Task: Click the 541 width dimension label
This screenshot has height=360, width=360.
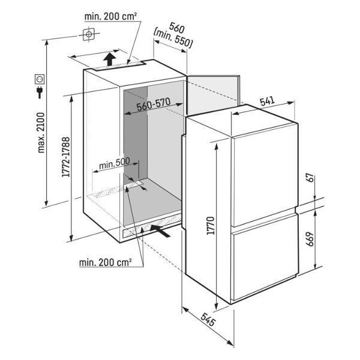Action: (267, 101)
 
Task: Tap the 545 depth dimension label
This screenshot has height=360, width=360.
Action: (208, 319)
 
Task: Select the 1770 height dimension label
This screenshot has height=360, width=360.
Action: (211, 226)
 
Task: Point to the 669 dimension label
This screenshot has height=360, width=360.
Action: (310, 239)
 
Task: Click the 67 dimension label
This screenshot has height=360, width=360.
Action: (310, 178)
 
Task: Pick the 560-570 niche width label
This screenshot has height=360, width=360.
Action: (154, 104)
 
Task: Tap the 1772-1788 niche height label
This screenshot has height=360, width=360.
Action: (66, 157)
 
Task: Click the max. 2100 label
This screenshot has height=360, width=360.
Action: (41, 133)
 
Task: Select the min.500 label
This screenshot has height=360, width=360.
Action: (115, 163)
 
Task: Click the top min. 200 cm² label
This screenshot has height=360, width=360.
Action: (110, 16)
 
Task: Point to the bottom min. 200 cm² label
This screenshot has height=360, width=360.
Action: (106, 262)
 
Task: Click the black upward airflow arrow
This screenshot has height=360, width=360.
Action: (110, 59)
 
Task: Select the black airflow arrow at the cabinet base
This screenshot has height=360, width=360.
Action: (160, 230)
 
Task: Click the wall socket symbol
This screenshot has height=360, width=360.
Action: (40, 79)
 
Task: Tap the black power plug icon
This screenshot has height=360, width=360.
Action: (40, 92)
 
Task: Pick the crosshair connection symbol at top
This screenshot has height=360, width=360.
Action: (89, 34)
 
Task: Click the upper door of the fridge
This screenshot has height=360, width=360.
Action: (265, 175)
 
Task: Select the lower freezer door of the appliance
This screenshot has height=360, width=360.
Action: (266, 257)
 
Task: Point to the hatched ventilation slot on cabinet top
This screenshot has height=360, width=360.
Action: (119, 66)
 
